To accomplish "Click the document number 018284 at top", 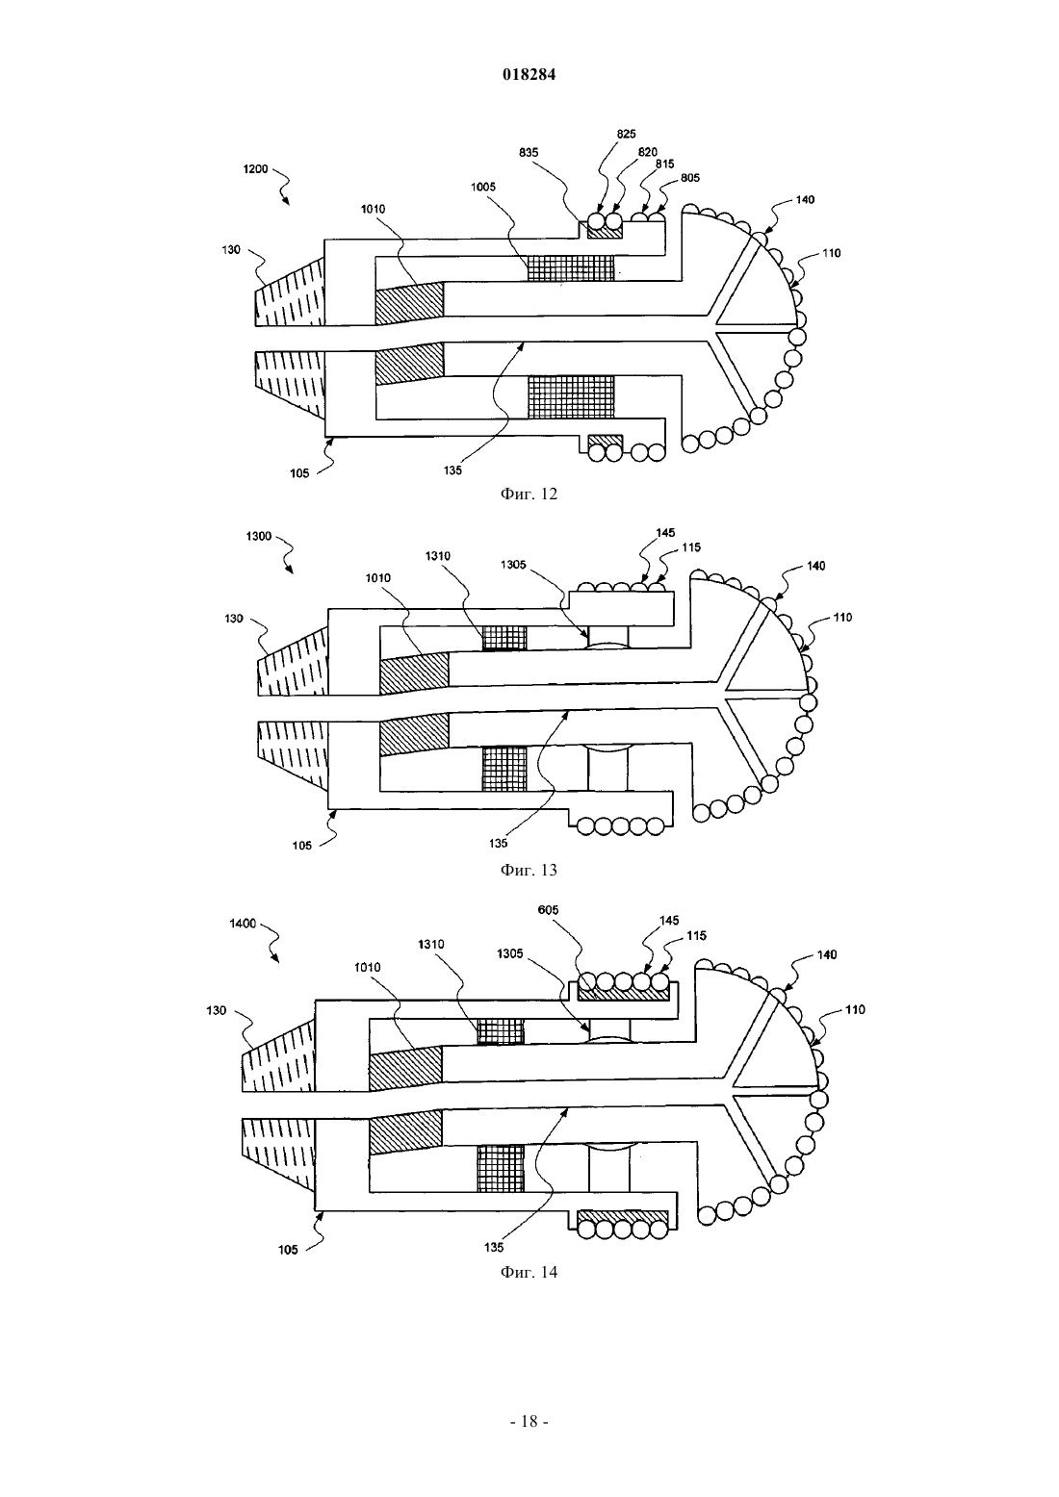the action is click(529, 75).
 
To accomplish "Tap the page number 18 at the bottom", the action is click(529, 1422).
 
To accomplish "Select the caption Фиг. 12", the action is click(529, 494).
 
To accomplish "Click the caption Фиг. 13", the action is click(529, 870).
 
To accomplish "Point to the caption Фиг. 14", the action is click(529, 1272).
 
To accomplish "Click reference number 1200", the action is click(255, 169).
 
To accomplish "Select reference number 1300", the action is click(259, 536).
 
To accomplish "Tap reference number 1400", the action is click(243, 924).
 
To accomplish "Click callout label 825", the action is click(626, 134).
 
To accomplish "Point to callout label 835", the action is click(529, 152).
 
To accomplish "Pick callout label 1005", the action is click(482, 187).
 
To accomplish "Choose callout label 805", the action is click(690, 178).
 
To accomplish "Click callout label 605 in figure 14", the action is click(548, 909).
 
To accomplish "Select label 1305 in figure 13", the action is click(513, 565).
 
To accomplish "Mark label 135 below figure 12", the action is click(452, 470).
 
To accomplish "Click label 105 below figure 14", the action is click(288, 1250).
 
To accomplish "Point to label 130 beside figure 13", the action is click(233, 619).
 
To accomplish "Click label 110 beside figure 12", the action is click(831, 253).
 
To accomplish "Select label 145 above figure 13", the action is click(665, 533).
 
